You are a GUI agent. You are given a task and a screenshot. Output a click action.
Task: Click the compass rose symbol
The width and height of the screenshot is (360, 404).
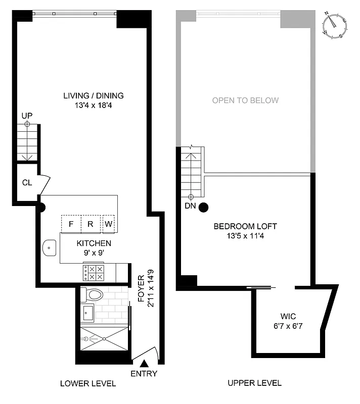[x=334, y=25]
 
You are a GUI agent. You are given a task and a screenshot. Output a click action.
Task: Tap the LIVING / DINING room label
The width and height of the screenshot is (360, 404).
[x=94, y=95]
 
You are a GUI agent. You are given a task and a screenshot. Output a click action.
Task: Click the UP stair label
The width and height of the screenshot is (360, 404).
[x=27, y=116]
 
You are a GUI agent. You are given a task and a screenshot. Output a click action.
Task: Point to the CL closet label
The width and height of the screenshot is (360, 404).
[x=27, y=182]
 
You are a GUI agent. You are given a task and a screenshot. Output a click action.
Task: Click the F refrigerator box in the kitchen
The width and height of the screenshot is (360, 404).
[x=71, y=223]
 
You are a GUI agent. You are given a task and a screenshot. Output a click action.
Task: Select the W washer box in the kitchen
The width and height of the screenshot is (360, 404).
[x=109, y=223]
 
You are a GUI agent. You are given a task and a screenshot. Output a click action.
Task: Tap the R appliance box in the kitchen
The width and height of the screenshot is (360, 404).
[x=91, y=223]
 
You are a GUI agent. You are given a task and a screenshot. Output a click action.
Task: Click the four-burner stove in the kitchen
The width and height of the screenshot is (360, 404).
[x=94, y=273]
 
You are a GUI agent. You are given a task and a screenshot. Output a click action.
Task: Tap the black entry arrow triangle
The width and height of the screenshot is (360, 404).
[x=144, y=362]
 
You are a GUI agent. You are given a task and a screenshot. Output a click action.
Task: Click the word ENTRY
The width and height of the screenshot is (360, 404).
[x=144, y=374]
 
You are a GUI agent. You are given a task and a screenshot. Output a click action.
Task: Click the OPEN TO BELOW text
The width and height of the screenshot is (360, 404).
[x=245, y=100]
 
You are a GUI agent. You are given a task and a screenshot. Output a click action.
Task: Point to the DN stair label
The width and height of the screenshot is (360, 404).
[x=191, y=206]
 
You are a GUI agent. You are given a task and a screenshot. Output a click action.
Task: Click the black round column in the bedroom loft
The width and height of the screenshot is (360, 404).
[x=204, y=207]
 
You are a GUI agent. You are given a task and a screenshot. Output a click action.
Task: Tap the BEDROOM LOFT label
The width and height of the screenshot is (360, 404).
[x=245, y=226]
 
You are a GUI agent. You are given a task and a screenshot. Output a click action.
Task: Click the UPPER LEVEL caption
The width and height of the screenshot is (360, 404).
[x=254, y=383]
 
